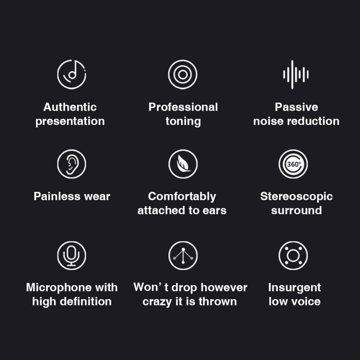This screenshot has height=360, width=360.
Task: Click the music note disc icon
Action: [x=71, y=74]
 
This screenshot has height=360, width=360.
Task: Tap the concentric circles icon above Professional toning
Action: [x=182, y=74]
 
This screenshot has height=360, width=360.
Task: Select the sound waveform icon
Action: [x=295, y=74]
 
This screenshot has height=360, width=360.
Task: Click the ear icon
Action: [x=71, y=164]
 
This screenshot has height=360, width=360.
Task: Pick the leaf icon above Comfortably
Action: [x=182, y=164]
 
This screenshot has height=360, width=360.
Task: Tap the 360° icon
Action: [x=293, y=164]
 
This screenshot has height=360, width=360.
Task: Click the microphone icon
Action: [x=71, y=255]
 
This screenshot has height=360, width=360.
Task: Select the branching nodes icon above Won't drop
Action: [x=182, y=255]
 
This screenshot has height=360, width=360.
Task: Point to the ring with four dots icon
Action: [x=293, y=255]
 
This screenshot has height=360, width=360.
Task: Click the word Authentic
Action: [x=70, y=107]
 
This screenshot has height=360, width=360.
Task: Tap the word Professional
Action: [x=183, y=107]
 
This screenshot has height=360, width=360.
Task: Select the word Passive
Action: [x=296, y=107]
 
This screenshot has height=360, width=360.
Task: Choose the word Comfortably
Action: [x=182, y=196]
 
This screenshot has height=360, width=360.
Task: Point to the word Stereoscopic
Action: [x=296, y=196]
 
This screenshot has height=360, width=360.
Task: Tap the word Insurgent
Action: [x=294, y=287]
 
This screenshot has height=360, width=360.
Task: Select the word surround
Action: [x=296, y=210]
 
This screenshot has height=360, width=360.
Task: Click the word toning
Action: [x=183, y=121]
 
